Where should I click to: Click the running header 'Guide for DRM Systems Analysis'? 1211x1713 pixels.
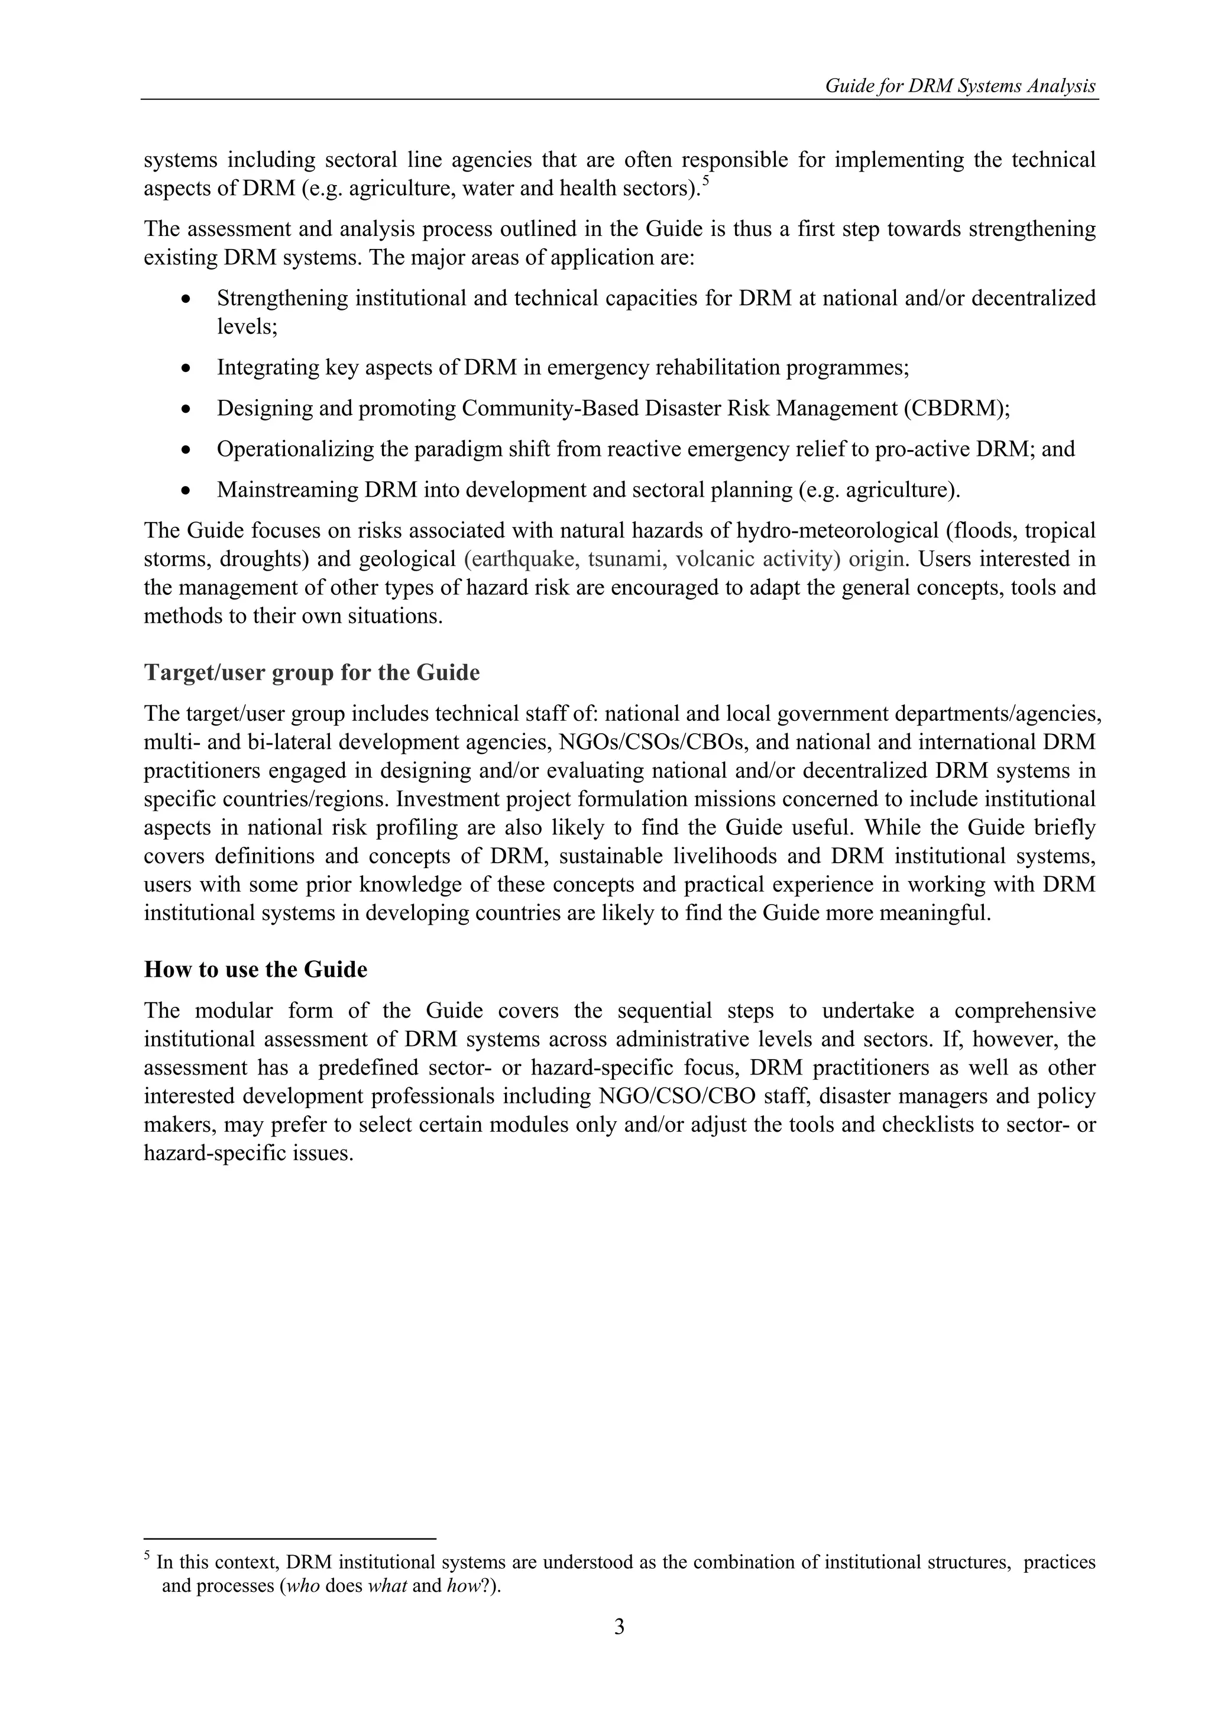[x=960, y=86]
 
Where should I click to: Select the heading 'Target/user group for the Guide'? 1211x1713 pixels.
[x=311, y=672]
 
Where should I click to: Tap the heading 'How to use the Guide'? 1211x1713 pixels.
[x=255, y=969]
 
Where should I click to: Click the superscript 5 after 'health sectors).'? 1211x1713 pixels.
[x=706, y=180]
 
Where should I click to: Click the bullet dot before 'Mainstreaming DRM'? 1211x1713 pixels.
[x=186, y=491]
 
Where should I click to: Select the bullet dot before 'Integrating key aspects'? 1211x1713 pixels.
[x=186, y=368]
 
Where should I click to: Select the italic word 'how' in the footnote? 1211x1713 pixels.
[x=461, y=1585]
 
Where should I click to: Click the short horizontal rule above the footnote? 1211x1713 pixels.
[x=290, y=1539]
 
